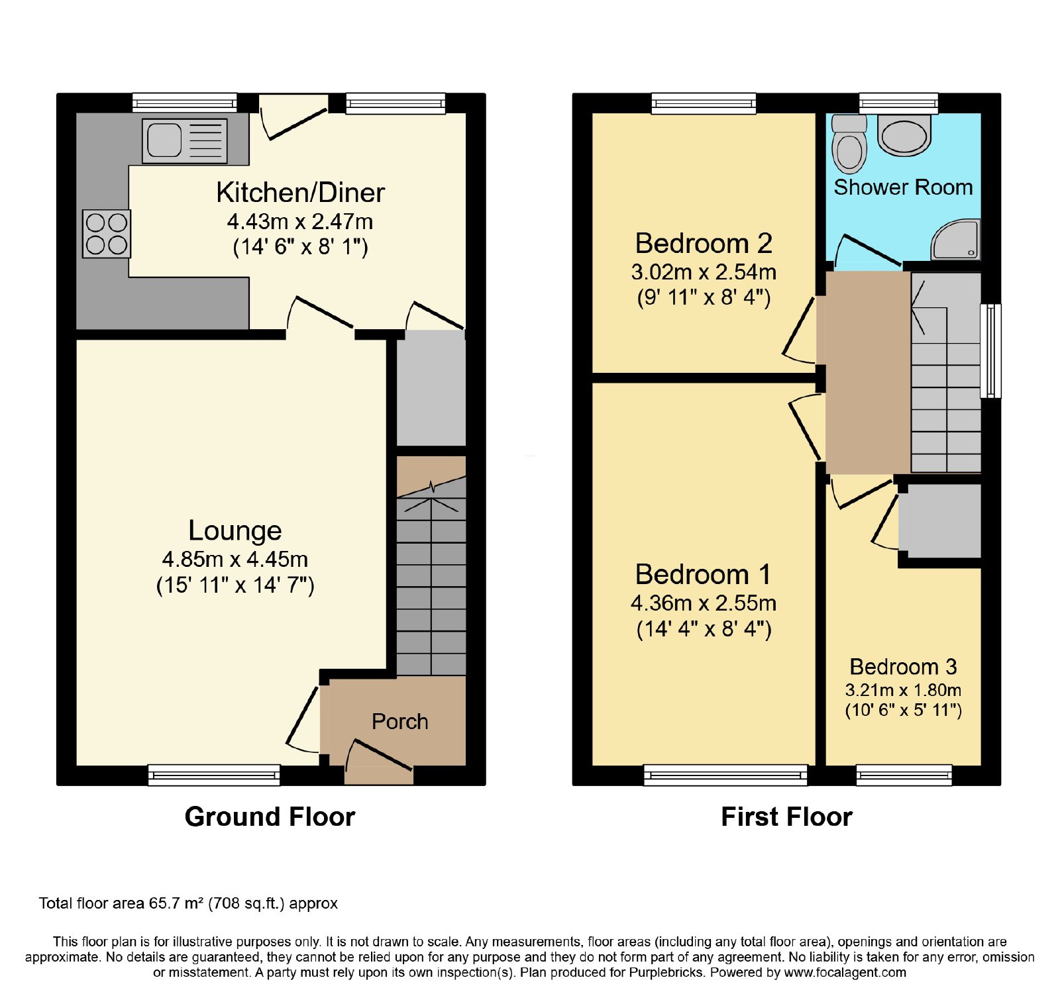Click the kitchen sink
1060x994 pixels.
click(184, 141)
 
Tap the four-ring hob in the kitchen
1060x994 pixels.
click(107, 234)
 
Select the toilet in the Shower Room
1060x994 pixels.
click(849, 144)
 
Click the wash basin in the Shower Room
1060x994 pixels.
click(904, 135)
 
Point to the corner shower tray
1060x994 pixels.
click(955, 240)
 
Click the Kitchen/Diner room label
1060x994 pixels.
click(300, 192)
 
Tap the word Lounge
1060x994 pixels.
click(235, 530)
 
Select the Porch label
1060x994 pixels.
click(399, 721)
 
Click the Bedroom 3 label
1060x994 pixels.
click(903, 666)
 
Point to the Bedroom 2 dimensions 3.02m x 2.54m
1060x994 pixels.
click(704, 272)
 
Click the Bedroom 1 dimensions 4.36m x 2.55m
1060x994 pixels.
click(704, 603)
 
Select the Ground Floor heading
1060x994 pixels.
click(270, 817)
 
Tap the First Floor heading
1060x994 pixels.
click(786, 817)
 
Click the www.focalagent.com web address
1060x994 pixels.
click(845, 973)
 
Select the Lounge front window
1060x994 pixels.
click(214, 775)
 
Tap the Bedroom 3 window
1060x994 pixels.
click(904, 775)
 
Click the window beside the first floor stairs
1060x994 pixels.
click(990, 350)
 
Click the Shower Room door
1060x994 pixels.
click(867, 252)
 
